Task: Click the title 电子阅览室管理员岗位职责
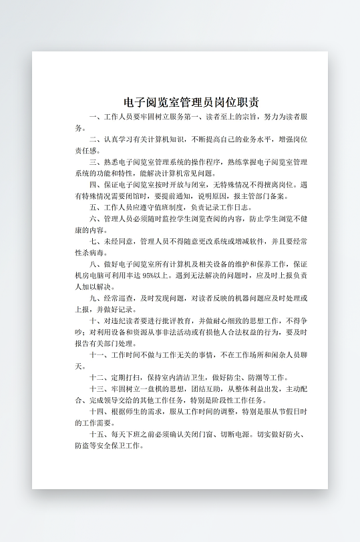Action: tap(192, 102)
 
